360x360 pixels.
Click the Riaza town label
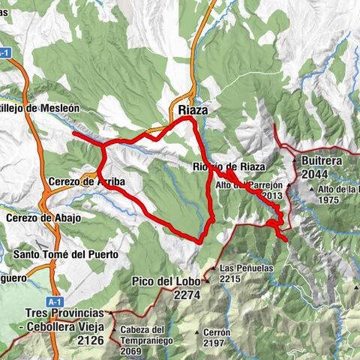(x=193, y=109)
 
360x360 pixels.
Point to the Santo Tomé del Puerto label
(x=66, y=255)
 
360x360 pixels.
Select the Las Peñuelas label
(x=244, y=268)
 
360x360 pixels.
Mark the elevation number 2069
(x=132, y=351)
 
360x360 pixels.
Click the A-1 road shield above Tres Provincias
(x=52, y=300)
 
